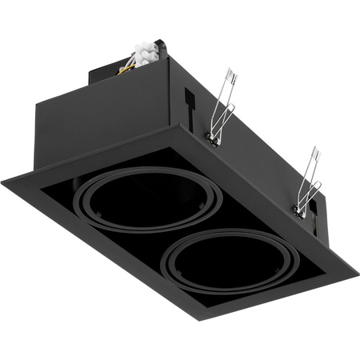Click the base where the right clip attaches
click(x=298, y=210)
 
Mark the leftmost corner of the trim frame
click(x=2, y=182)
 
